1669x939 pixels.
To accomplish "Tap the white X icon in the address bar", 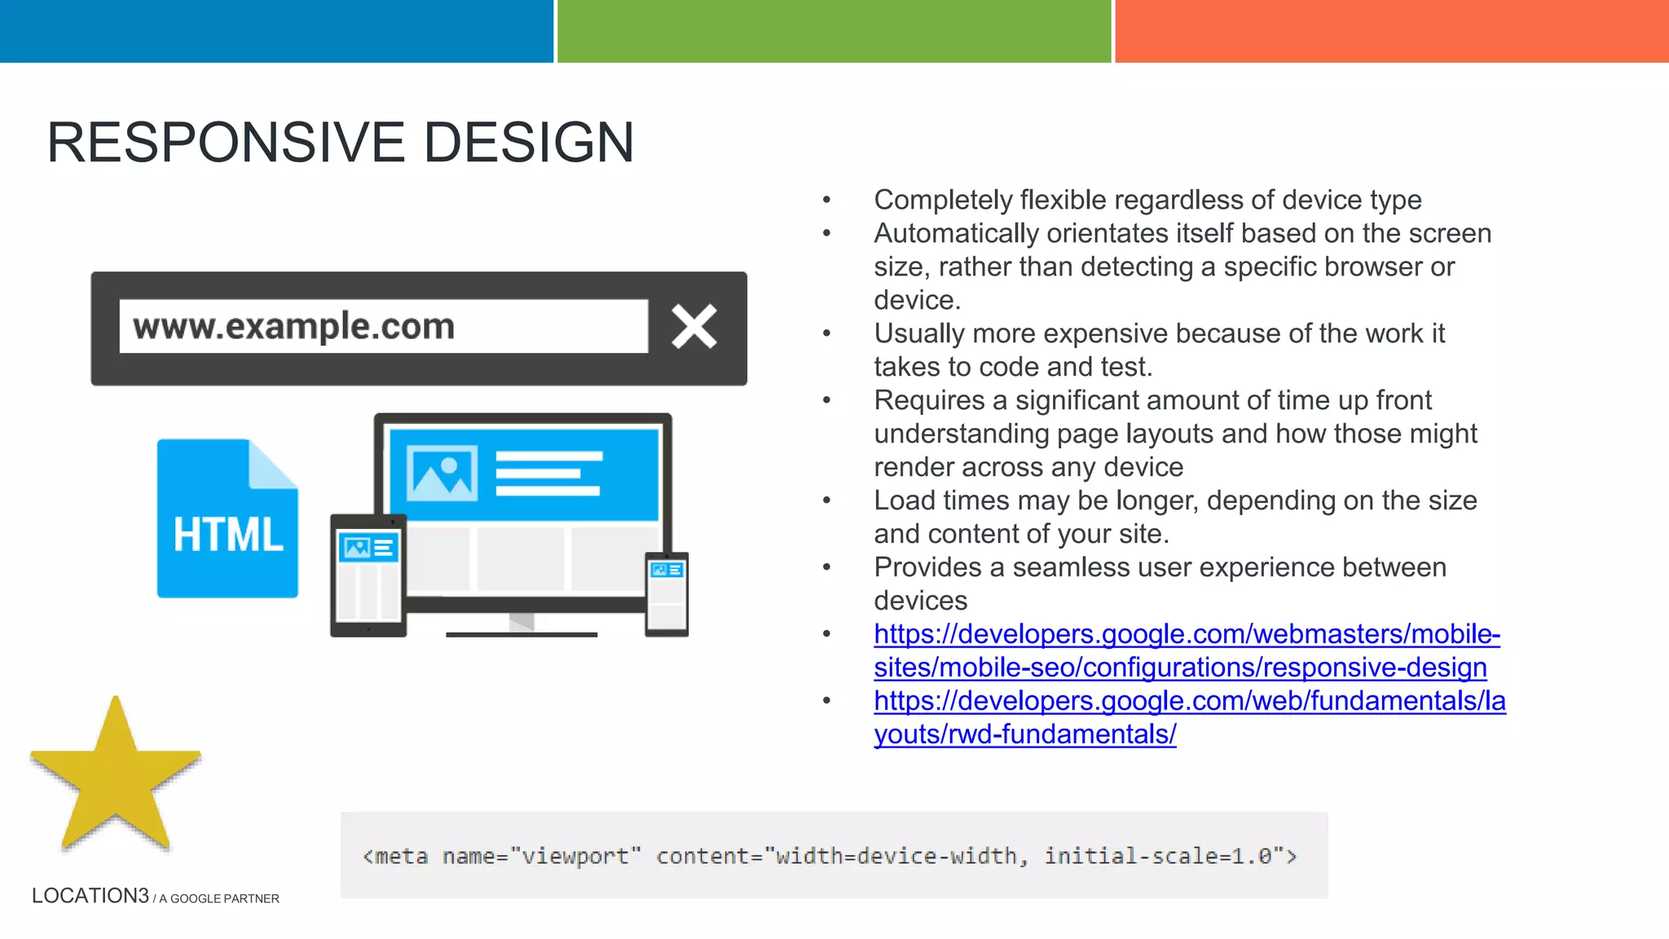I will [x=694, y=327].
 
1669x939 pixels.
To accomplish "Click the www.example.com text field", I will [x=383, y=327].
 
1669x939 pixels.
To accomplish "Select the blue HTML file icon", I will [x=227, y=519].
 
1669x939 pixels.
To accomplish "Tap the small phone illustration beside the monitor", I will [x=667, y=594].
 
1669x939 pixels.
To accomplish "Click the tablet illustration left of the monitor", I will [x=368, y=575].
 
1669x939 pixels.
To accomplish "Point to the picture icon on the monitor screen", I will [x=442, y=474].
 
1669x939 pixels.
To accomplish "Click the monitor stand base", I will [x=522, y=633].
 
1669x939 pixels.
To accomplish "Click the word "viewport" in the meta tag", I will [x=575, y=856].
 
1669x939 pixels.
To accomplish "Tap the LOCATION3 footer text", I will [x=90, y=896].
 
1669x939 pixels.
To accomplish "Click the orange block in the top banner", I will [x=1391, y=31].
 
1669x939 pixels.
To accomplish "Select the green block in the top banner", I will [x=834, y=31].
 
